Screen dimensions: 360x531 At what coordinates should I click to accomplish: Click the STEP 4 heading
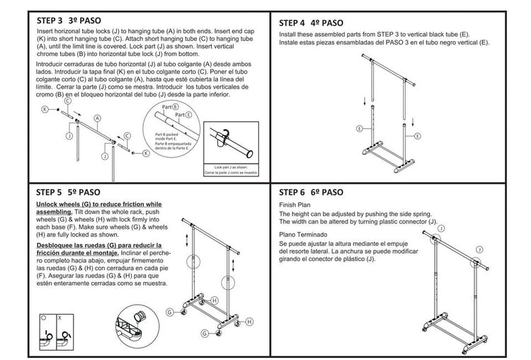tap(312, 22)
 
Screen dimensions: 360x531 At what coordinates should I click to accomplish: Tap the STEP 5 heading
tap(69, 191)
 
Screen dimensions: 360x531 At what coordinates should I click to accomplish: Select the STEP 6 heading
tap(312, 192)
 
